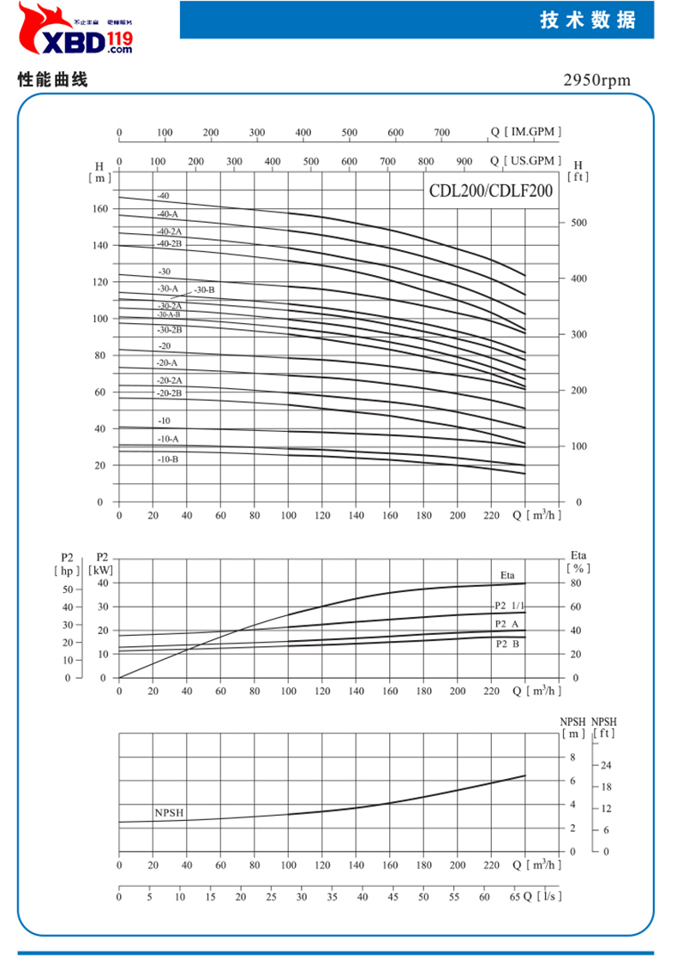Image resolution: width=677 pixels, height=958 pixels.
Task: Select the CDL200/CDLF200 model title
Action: [491, 192]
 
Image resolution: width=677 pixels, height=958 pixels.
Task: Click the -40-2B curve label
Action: [168, 244]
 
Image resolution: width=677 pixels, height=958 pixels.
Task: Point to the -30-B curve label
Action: [204, 290]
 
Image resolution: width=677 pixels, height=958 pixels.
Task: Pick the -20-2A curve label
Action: [169, 380]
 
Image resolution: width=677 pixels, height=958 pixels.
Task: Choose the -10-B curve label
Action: [168, 459]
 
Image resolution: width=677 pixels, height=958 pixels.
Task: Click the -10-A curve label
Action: [168, 439]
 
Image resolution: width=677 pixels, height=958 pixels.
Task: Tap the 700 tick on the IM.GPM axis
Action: [442, 133]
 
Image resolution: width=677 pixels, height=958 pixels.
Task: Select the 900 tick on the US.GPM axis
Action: [464, 161]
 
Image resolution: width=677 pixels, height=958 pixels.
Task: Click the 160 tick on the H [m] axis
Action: [100, 209]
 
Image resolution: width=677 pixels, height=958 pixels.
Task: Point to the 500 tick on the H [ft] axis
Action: [580, 223]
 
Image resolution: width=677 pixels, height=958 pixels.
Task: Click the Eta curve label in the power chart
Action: [508, 573]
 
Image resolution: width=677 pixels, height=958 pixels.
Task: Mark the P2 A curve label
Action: [506, 624]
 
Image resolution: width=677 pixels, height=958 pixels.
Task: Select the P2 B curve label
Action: [506, 643]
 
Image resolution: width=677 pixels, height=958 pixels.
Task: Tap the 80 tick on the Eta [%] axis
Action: [575, 583]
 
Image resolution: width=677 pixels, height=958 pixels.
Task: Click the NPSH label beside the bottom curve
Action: [170, 812]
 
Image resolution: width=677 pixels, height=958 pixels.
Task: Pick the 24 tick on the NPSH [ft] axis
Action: [605, 765]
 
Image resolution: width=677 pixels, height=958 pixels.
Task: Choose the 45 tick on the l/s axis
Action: [392, 897]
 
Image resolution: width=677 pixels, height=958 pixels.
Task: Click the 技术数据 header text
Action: [588, 21]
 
